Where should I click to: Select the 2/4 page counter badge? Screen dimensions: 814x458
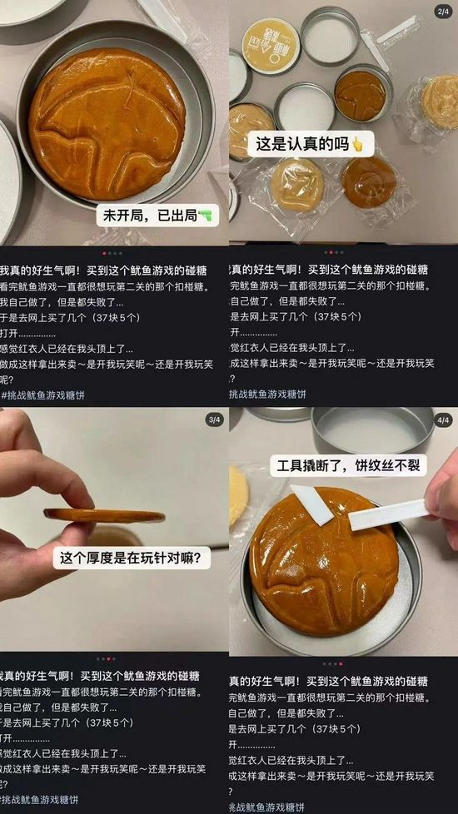pyautogui.click(x=442, y=12)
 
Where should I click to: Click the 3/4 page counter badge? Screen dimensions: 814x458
pyautogui.click(x=213, y=420)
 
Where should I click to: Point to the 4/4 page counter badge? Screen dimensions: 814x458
pyautogui.click(x=442, y=420)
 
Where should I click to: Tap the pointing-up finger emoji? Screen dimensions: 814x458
pyautogui.click(x=358, y=144)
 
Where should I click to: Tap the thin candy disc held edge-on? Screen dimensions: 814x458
pyautogui.click(x=104, y=515)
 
